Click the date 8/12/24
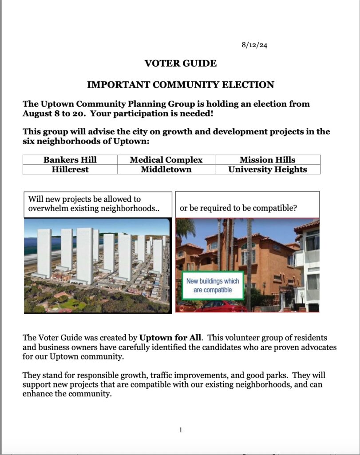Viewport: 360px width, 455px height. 254,45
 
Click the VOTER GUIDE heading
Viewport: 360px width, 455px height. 181,64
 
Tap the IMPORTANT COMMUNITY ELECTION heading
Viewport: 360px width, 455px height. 180,84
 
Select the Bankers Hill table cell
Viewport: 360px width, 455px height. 70,160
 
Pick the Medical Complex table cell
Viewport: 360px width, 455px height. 166,160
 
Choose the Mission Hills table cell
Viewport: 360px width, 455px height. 267,160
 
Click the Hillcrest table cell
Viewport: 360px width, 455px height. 70,169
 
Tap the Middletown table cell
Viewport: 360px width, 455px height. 166,169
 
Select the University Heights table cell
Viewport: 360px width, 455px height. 267,169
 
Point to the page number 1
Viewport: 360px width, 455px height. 181,430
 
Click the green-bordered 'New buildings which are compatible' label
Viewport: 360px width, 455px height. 212,285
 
